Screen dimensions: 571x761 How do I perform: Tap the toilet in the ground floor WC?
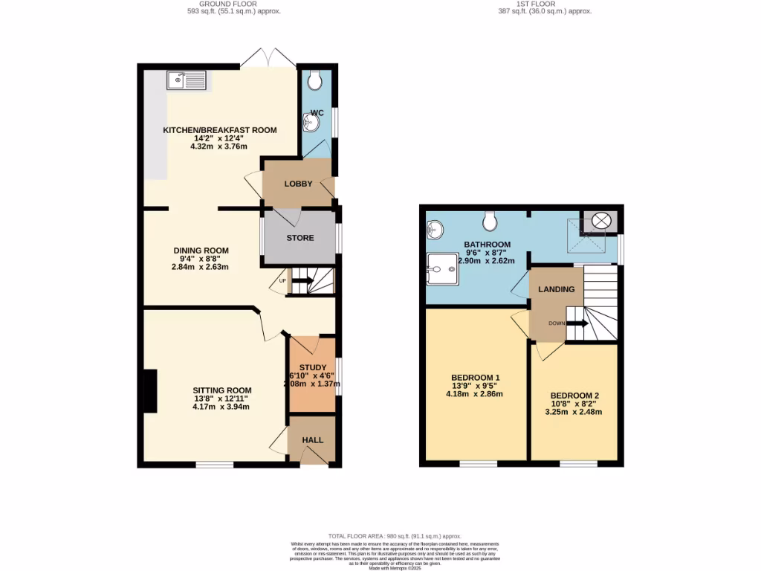point(317,78)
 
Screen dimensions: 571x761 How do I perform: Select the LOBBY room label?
point(298,184)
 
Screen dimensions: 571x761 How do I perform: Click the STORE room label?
point(300,238)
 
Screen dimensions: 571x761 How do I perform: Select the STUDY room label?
point(312,367)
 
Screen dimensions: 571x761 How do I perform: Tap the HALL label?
point(313,440)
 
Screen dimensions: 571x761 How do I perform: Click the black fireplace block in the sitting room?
point(150,391)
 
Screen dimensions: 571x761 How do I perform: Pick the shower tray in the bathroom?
point(443,268)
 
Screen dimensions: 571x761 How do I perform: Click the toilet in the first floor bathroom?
point(490,220)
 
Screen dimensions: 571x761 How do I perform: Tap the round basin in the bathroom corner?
point(435,228)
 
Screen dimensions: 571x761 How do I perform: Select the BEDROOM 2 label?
point(574,396)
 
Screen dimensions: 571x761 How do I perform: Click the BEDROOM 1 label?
point(476,378)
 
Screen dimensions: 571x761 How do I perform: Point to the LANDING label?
point(557,289)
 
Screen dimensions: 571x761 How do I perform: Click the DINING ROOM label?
point(201,251)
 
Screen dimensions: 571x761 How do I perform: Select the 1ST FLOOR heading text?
point(534,4)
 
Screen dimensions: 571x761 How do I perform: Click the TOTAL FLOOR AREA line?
point(395,535)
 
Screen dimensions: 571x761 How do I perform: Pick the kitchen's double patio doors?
point(269,58)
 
